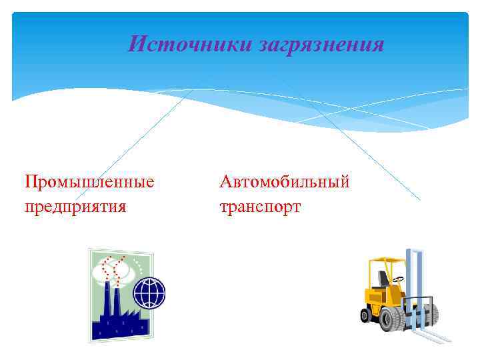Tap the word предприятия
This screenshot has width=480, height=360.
coord(75,206)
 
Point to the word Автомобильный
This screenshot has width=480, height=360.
coord(285,181)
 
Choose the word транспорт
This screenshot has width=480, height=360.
coord(260,206)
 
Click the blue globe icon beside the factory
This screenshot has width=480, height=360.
coord(149,293)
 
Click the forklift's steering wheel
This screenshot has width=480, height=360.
coord(399,278)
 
